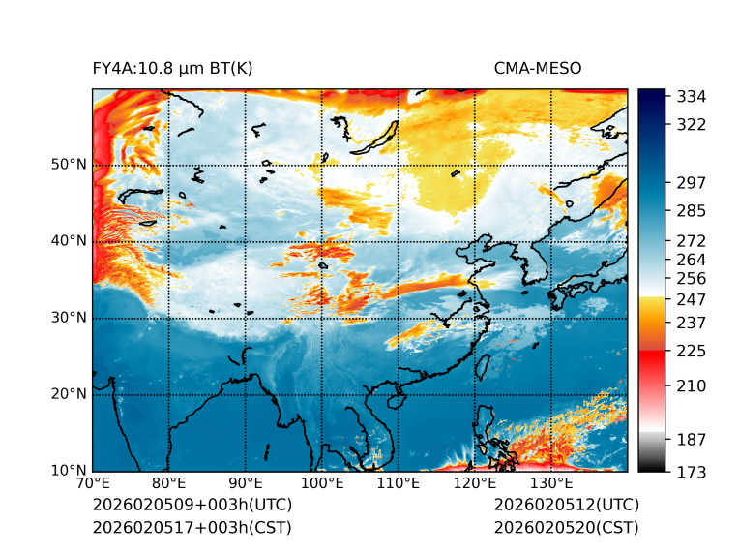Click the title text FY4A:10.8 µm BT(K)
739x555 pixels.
(172, 68)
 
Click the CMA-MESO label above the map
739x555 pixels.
(538, 68)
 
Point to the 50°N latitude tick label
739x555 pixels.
(70, 165)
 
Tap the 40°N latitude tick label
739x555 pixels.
(70, 241)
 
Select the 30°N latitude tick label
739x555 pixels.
(70, 318)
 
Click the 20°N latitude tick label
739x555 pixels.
(70, 394)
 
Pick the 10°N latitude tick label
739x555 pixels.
(70, 471)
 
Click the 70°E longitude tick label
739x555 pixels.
(93, 484)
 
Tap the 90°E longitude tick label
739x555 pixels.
(246, 484)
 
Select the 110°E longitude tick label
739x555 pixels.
(399, 484)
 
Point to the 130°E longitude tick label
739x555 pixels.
(551, 484)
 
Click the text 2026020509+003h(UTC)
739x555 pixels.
(192, 506)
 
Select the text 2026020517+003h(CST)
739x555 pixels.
(192, 528)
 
